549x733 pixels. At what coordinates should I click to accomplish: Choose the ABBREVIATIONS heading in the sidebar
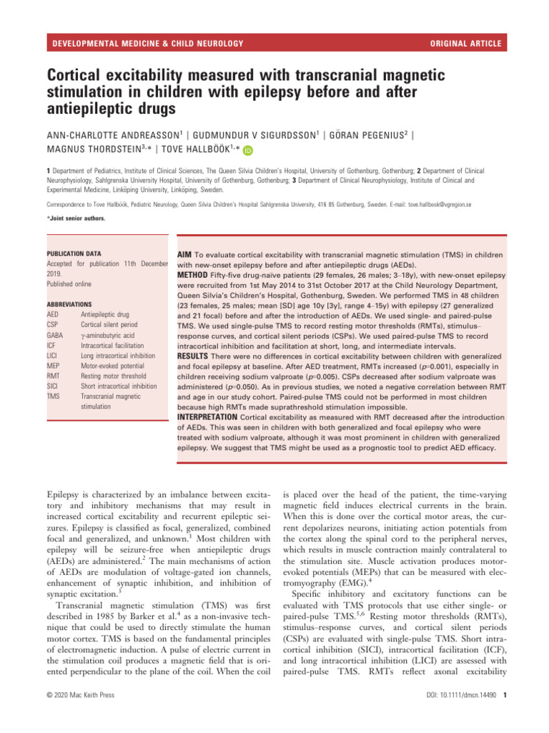pos(69,304)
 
